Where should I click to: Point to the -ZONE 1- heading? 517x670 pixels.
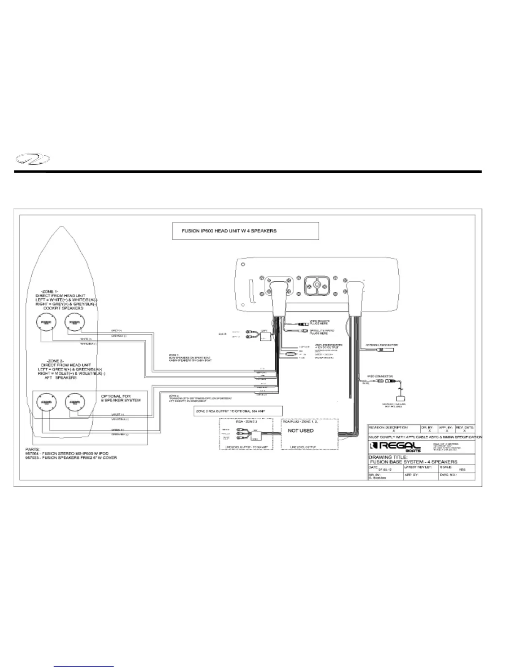tap(50, 291)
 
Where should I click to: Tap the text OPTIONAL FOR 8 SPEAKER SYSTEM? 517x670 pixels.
tap(121, 398)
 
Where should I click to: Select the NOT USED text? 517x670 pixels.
tap(301, 431)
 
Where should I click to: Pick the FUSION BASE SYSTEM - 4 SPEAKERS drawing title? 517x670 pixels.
tap(414, 462)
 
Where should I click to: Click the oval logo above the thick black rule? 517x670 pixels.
tap(32, 160)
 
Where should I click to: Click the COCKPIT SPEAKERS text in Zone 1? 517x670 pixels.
tap(63, 308)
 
